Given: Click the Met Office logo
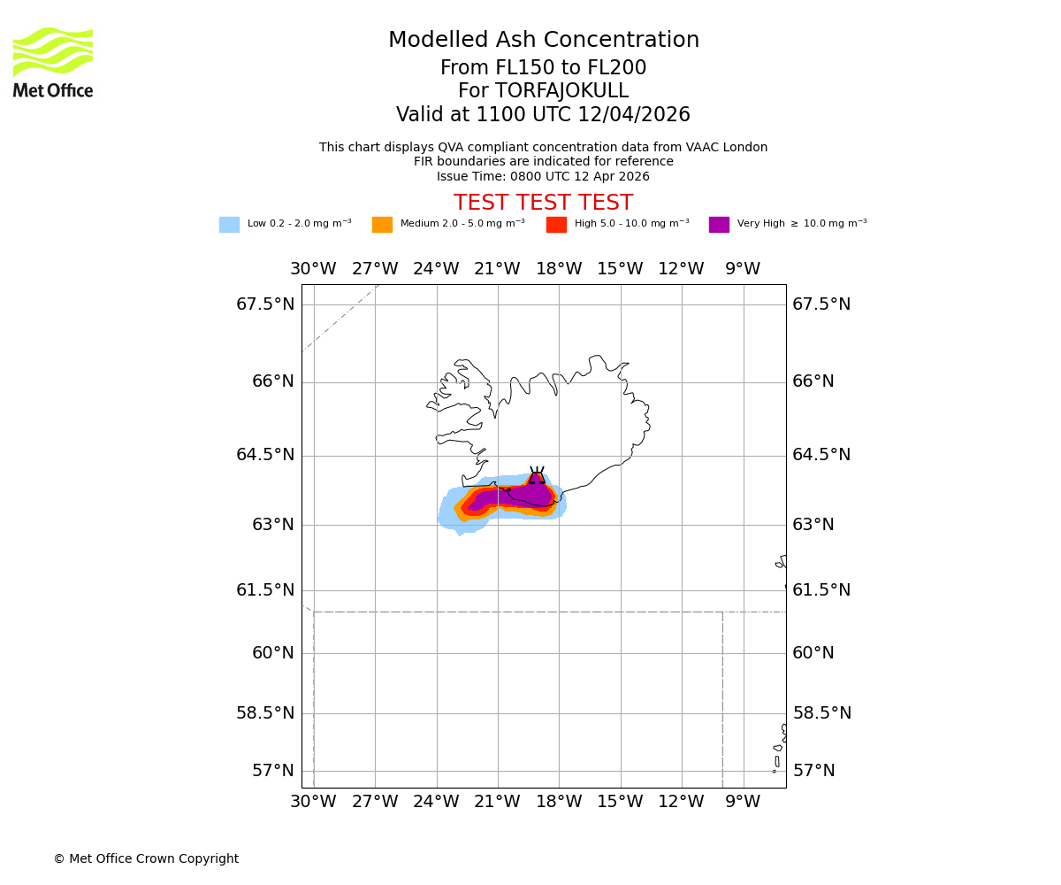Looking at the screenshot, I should tap(53, 62).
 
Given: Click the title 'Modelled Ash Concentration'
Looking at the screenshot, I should tap(543, 41).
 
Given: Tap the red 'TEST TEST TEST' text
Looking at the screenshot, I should tap(543, 203).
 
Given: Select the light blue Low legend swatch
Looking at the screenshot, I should tap(229, 225).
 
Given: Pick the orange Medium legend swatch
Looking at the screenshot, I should tap(382, 225).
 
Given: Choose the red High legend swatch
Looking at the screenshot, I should tap(556, 225).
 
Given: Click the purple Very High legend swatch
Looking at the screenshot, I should tap(719, 225).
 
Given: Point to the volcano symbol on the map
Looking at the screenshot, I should tap(537, 476).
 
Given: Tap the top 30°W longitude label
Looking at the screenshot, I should tap(313, 269).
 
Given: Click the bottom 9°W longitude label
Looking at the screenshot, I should tap(743, 802).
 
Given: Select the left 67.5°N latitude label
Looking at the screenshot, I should tap(265, 304).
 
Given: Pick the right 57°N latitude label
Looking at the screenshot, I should tap(814, 771).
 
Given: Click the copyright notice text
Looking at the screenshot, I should tap(146, 858).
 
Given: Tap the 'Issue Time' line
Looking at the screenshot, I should tap(543, 176).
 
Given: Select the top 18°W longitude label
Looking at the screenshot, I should tap(559, 269).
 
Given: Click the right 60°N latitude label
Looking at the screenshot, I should tap(813, 653).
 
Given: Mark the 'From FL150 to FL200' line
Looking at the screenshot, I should tap(543, 68).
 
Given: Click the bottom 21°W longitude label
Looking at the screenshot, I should tap(497, 802).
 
